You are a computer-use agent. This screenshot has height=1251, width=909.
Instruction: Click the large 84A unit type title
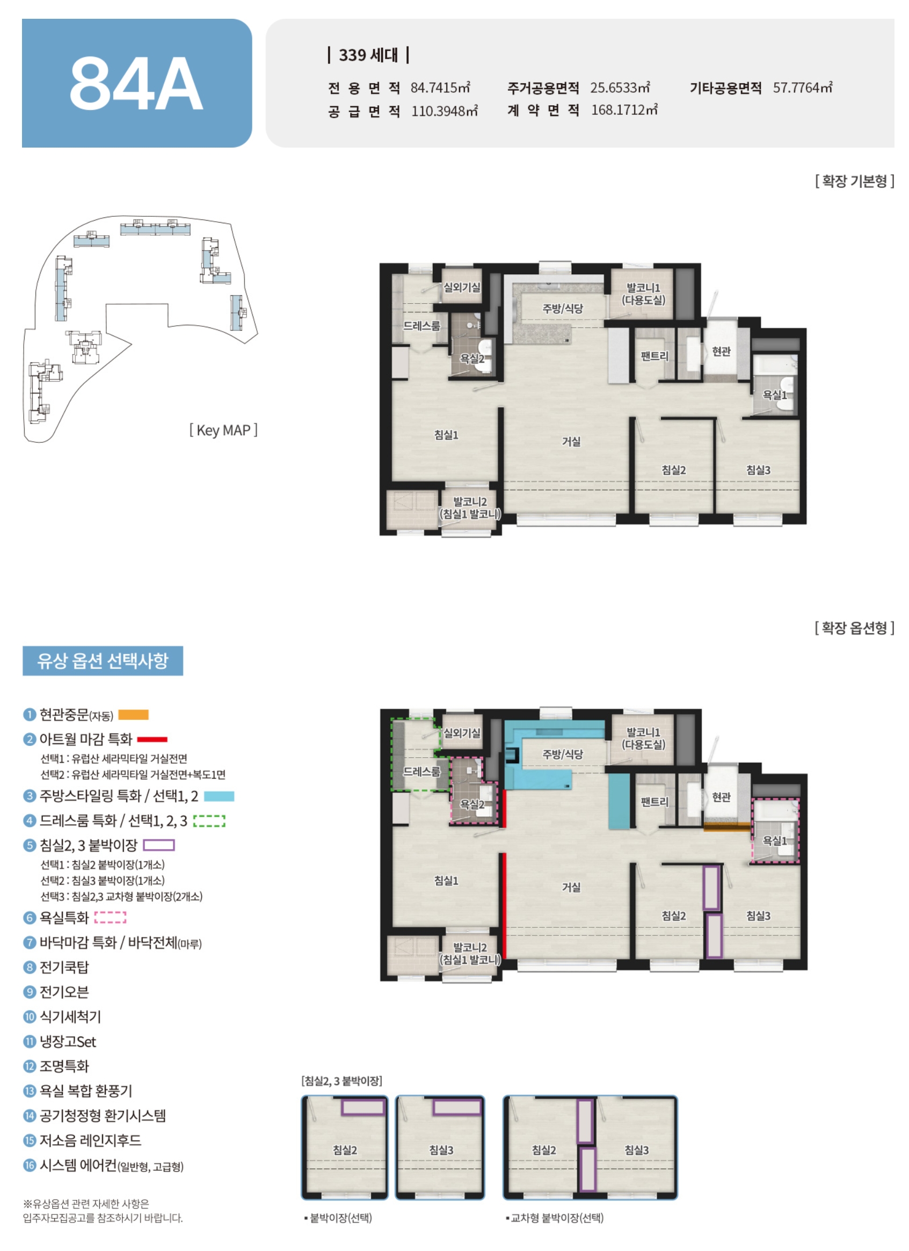click(136, 84)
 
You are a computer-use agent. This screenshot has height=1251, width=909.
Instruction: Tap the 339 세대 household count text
click(368, 55)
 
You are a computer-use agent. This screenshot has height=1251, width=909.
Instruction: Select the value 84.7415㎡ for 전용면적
click(440, 87)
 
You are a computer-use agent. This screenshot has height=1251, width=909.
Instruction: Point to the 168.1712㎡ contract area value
click(624, 111)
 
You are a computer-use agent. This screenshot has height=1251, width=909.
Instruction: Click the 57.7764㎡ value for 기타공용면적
click(803, 87)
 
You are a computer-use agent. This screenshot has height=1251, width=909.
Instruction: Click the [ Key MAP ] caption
click(223, 430)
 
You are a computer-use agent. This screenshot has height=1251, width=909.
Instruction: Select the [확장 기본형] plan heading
click(854, 181)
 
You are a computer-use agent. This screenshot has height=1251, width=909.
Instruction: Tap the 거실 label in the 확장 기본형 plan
click(571, 441)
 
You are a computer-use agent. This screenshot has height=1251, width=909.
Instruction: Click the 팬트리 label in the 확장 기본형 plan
click(654, 356)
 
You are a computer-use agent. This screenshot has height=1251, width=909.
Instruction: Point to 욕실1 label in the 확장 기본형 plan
click(774, 395)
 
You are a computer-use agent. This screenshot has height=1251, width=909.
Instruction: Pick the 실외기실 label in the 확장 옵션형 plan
click(462, 733)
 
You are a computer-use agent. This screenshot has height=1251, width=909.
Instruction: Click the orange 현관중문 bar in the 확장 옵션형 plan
click(727, 826)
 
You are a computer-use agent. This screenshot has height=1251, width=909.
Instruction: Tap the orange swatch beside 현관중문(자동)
click(134, 715)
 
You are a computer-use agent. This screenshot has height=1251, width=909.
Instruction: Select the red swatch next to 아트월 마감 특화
click(152, 739)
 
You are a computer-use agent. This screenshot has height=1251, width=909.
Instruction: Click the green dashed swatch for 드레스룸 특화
click(209, 821)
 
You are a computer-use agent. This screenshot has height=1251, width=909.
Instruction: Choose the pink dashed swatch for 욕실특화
click(111, 917)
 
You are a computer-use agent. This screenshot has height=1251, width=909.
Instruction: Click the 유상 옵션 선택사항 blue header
click(103, 661)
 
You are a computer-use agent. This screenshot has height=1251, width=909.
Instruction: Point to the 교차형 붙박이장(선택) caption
click(555, 1218)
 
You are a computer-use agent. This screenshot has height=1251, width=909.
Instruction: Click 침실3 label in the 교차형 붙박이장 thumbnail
click(636, 1150)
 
